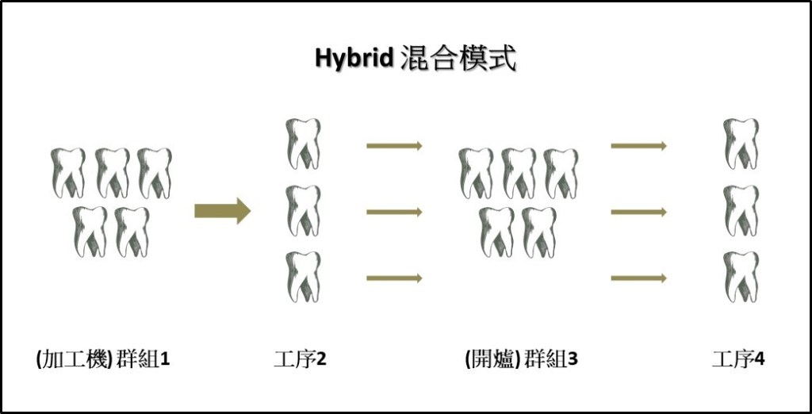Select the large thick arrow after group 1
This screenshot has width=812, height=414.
click(x=223, y=211)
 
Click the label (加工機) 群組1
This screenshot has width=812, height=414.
click(x=104, y=359)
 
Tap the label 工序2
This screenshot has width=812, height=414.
click(x=301, y=359)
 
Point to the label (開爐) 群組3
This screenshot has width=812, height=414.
click(x=521, y=359)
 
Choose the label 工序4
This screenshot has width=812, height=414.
click(x=738, y=359)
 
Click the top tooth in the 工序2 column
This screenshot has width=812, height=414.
click(x=304, y=144)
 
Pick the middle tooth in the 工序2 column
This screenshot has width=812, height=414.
click(x=304, y=210)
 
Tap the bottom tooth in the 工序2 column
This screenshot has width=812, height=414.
click(x=304, y=277)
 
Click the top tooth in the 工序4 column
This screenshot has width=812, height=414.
click(x=741, y=144)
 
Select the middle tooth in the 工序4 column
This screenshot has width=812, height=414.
click(x=741, y=210)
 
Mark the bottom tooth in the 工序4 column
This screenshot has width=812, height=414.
click(x=741, y=277)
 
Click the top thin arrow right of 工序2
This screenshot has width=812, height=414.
click(x=395, y=146)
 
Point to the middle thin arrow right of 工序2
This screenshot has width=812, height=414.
click(x=395, y=212)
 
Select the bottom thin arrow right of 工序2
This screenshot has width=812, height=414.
click(x=395, y=278)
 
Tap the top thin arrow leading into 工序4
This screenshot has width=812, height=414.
click(x=638, y=146)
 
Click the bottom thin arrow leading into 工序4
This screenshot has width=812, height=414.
click(x=638, y=278)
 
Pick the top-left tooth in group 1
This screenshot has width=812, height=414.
click(x=68, y=173)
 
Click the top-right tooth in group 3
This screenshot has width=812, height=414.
click(x=561, y=173)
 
